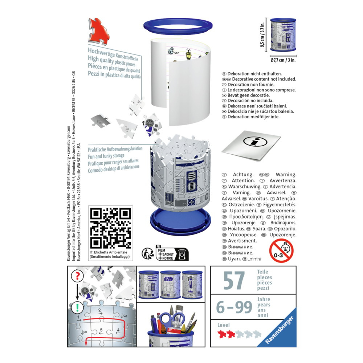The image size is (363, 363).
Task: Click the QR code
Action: tap(110, 228)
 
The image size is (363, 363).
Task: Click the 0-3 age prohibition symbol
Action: tap(281, 250)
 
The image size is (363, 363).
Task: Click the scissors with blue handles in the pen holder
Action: tap(172, 319)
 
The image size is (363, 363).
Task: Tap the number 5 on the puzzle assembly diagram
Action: tap(102, 330)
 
